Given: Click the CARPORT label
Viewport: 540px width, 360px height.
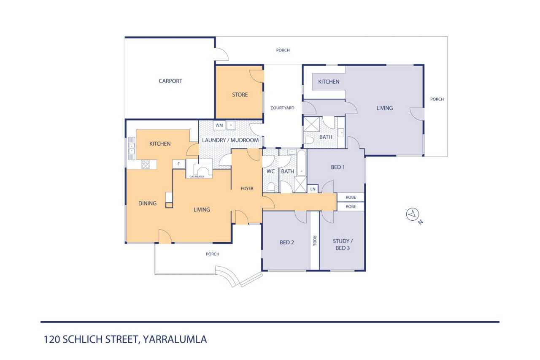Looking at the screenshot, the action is tap(170, 81).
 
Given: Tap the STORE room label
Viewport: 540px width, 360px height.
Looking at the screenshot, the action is tap(240, 95).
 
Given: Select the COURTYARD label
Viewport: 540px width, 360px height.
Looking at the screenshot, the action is tap(282, 108).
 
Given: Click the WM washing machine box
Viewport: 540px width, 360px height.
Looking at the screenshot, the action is tap(219, 125).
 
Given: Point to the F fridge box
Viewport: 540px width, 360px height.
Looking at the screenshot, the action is tap(178, 164).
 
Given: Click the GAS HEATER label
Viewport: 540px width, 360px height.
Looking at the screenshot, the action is tap(197, 177).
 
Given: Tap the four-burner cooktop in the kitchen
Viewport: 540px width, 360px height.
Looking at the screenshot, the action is tap(146, 164).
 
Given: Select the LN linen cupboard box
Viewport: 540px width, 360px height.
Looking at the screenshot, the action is tap(313, 189).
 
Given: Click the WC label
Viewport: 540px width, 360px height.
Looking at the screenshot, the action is tap(270, 171).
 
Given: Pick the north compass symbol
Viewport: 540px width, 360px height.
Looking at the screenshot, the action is tap(413, 214).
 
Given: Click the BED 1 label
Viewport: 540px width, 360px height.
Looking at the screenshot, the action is tap(338, 167).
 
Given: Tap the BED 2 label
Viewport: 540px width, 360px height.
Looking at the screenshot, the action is tap(286, 242).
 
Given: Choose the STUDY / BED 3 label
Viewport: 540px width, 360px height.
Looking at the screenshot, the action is tap(343, 244).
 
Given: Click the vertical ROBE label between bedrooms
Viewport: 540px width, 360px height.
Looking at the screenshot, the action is tap(314, 241).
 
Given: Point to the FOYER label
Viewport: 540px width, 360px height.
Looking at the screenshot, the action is tap(247, 189).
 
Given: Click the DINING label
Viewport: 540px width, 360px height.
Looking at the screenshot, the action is tap(147, 203).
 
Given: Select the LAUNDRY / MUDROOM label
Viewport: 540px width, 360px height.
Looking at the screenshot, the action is tap(230, 140).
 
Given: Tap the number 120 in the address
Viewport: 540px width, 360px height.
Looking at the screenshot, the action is tap(51, 339).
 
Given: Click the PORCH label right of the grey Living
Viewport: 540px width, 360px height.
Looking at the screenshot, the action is tap(437, 99).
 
